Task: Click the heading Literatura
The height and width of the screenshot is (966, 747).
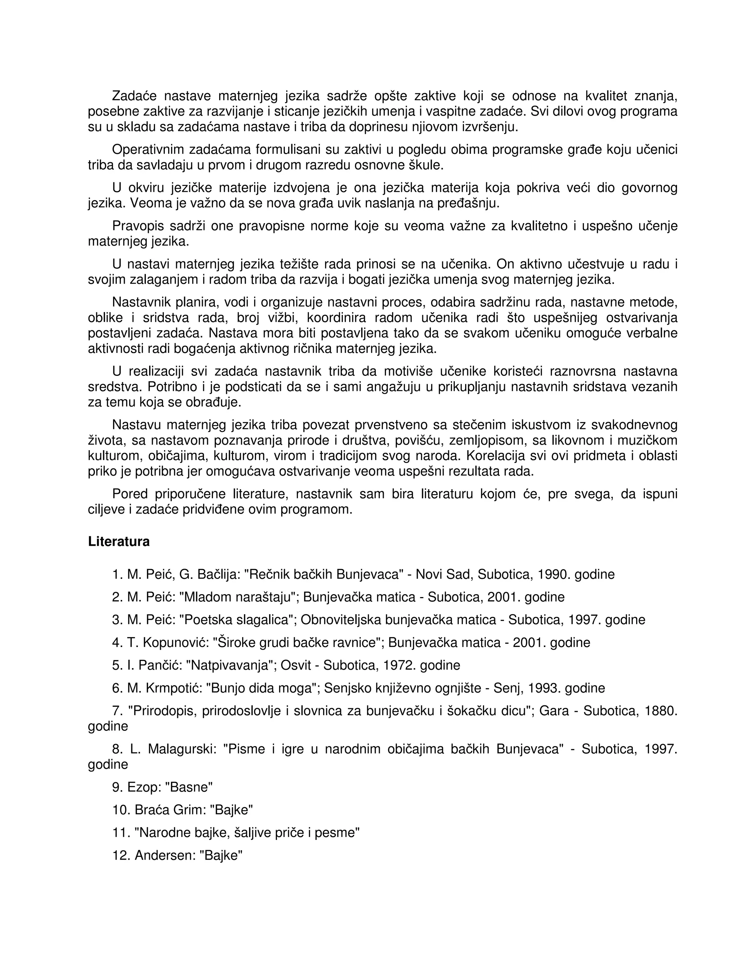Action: [x=119, y=542]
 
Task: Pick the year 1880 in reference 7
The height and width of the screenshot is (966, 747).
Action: [x=661, y=711]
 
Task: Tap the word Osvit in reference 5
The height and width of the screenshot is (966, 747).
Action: [x=298, y=665]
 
